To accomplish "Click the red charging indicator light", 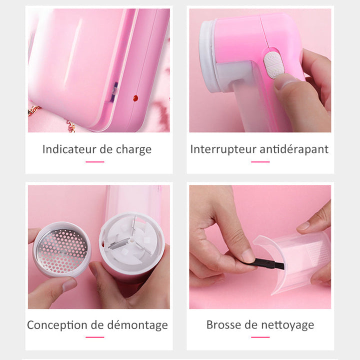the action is point(135,98).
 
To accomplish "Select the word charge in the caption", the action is point(133,150).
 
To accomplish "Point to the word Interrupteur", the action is point(223,149).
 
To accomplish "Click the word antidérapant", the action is point(294,149).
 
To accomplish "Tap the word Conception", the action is point(57,325).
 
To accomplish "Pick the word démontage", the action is point(137,325).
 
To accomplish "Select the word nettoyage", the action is point(287,325).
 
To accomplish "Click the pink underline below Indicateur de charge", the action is point(95,162).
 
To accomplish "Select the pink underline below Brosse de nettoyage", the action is point(260,337).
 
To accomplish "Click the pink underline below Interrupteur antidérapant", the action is point(260,162).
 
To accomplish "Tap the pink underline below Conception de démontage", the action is point(95,337).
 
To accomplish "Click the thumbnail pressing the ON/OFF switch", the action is point(283,81).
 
